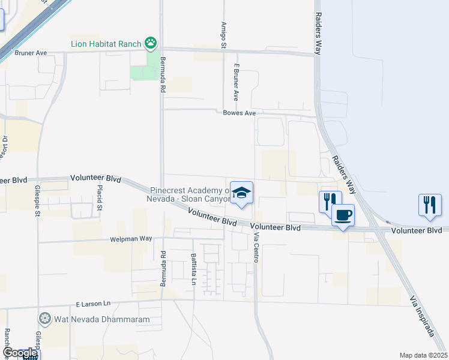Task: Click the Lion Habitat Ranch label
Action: pos(105,43)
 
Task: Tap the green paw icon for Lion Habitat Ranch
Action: pos(151,43)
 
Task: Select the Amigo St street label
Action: pos(224,35)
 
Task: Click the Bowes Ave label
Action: pos(240,113)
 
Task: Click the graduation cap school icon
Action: pos(241,193)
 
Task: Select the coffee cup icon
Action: pos(343,215)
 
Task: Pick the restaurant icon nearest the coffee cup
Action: pos(330,202)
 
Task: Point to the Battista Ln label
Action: pos(193,269)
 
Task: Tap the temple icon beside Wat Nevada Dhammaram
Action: pos(44,318)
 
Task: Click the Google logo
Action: pos(20,353)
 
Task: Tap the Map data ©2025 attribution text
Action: pos(423,355)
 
